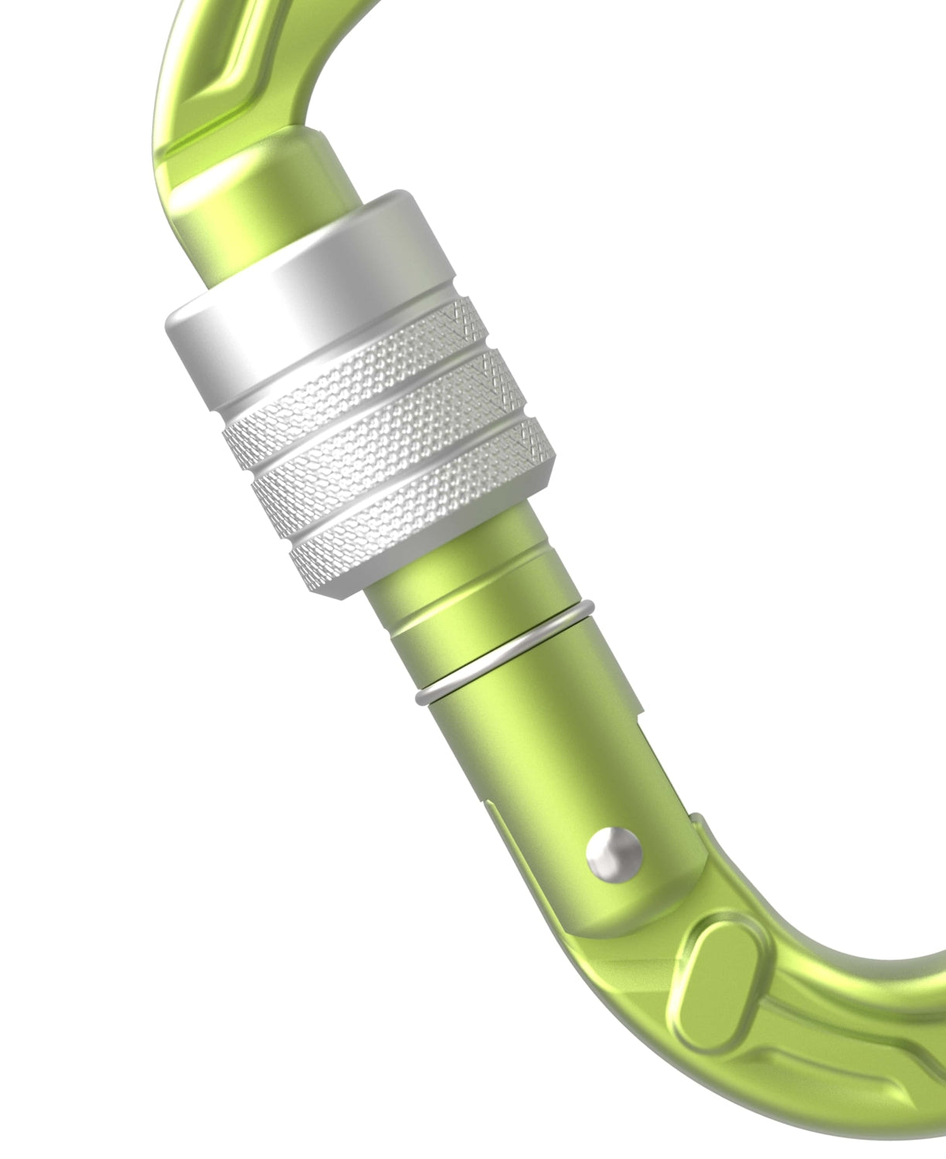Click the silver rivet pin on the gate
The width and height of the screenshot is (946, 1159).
click(x=614, y=854)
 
